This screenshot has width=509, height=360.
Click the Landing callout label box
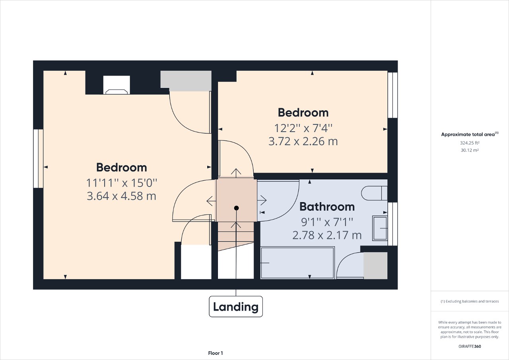(x=236, y=307)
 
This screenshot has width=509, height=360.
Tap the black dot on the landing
(x=236, y=208)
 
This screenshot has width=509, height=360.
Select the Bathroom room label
(x=327, y=207)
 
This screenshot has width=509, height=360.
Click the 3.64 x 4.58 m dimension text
(x=121, y=196)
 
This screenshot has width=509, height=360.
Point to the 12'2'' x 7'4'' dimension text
(x=303, y=128)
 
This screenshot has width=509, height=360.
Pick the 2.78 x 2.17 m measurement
(x=327, y=235)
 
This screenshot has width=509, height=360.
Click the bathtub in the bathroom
(x=297, y=263)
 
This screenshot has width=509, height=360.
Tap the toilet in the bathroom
(x=374, y=193)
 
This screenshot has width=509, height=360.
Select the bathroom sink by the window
(x=380, y=228)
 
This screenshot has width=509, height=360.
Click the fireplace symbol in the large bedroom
(x=117, y=85)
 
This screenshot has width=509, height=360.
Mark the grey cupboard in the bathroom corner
(x=375, y=265)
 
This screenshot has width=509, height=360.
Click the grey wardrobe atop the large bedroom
(x=185, y=80)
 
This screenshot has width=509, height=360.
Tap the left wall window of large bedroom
(x=38, y=158)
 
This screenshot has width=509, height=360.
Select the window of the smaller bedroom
(x=392, y=95)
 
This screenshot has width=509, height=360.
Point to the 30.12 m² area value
(x=469, y=150)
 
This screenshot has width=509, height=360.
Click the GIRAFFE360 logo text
(x=470, y=346)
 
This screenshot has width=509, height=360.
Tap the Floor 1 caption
(x=216, y=353)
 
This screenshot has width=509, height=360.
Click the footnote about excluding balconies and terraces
(x=470, y=302)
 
